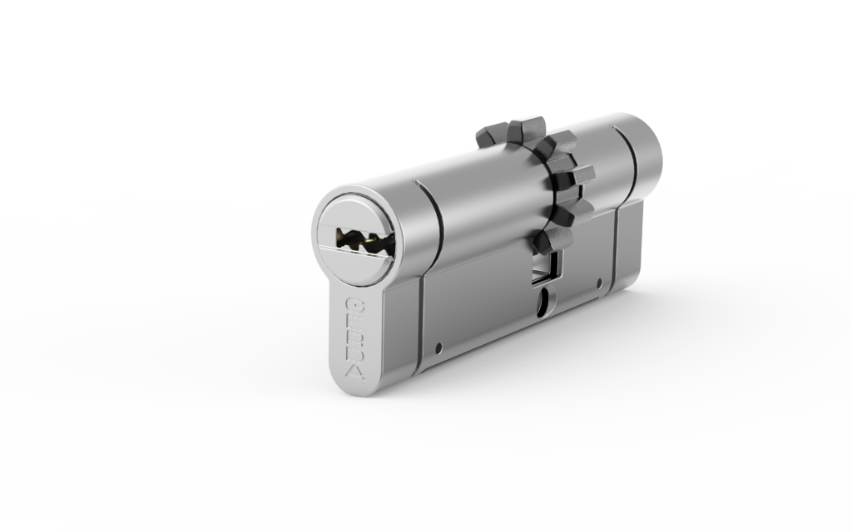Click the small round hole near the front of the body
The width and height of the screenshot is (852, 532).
439,347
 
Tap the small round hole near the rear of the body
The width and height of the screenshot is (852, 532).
604,282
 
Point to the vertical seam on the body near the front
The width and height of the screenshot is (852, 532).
423,316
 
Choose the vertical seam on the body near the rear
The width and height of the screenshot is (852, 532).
619,249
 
